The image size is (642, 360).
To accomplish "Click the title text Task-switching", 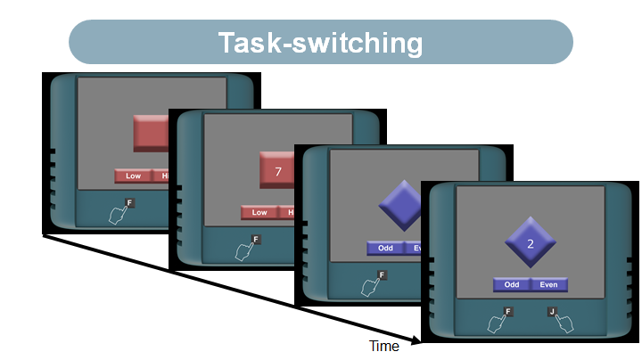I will (x=321, y=42).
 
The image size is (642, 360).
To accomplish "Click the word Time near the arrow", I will (x=384, y=346).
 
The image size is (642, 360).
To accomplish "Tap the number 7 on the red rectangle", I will (x=278, y=169).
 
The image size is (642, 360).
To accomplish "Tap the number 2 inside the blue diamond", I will (x=530, y=243).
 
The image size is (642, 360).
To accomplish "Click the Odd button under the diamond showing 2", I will (x=512, y=284).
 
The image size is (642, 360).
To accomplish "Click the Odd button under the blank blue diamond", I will (x=385, y=248).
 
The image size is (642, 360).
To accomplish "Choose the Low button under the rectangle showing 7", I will (x=259, y=212).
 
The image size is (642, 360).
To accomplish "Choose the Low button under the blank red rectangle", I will (x=133, y=176).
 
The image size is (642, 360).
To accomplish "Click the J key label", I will (x=552, y=312).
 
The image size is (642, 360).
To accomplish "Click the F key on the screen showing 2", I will (x=508, y=312).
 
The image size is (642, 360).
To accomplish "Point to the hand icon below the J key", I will (x=564, y=323).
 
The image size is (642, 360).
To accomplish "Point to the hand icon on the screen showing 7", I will (x=243, y=252).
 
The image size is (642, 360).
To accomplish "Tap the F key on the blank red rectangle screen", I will (x=129, y=203).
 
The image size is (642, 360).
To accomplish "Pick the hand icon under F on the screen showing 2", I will (x=496, y=323).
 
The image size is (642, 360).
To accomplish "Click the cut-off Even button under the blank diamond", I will (x=413, y=248).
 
